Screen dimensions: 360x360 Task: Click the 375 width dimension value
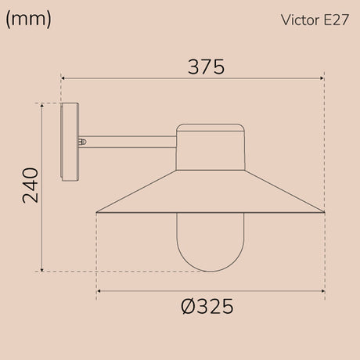pos(206,67)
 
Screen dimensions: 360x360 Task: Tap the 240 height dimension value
pos(31,185)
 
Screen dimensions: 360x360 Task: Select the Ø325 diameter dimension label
pos(207,306)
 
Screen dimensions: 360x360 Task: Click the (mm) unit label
pos(28,20)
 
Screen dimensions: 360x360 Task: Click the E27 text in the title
pos(336,20)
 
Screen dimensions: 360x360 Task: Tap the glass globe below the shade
pos(211,243)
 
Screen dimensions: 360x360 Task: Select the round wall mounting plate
pos(70,142)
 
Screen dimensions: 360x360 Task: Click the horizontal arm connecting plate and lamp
pos(128,142)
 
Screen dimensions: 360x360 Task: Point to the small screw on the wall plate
pos(82,142)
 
